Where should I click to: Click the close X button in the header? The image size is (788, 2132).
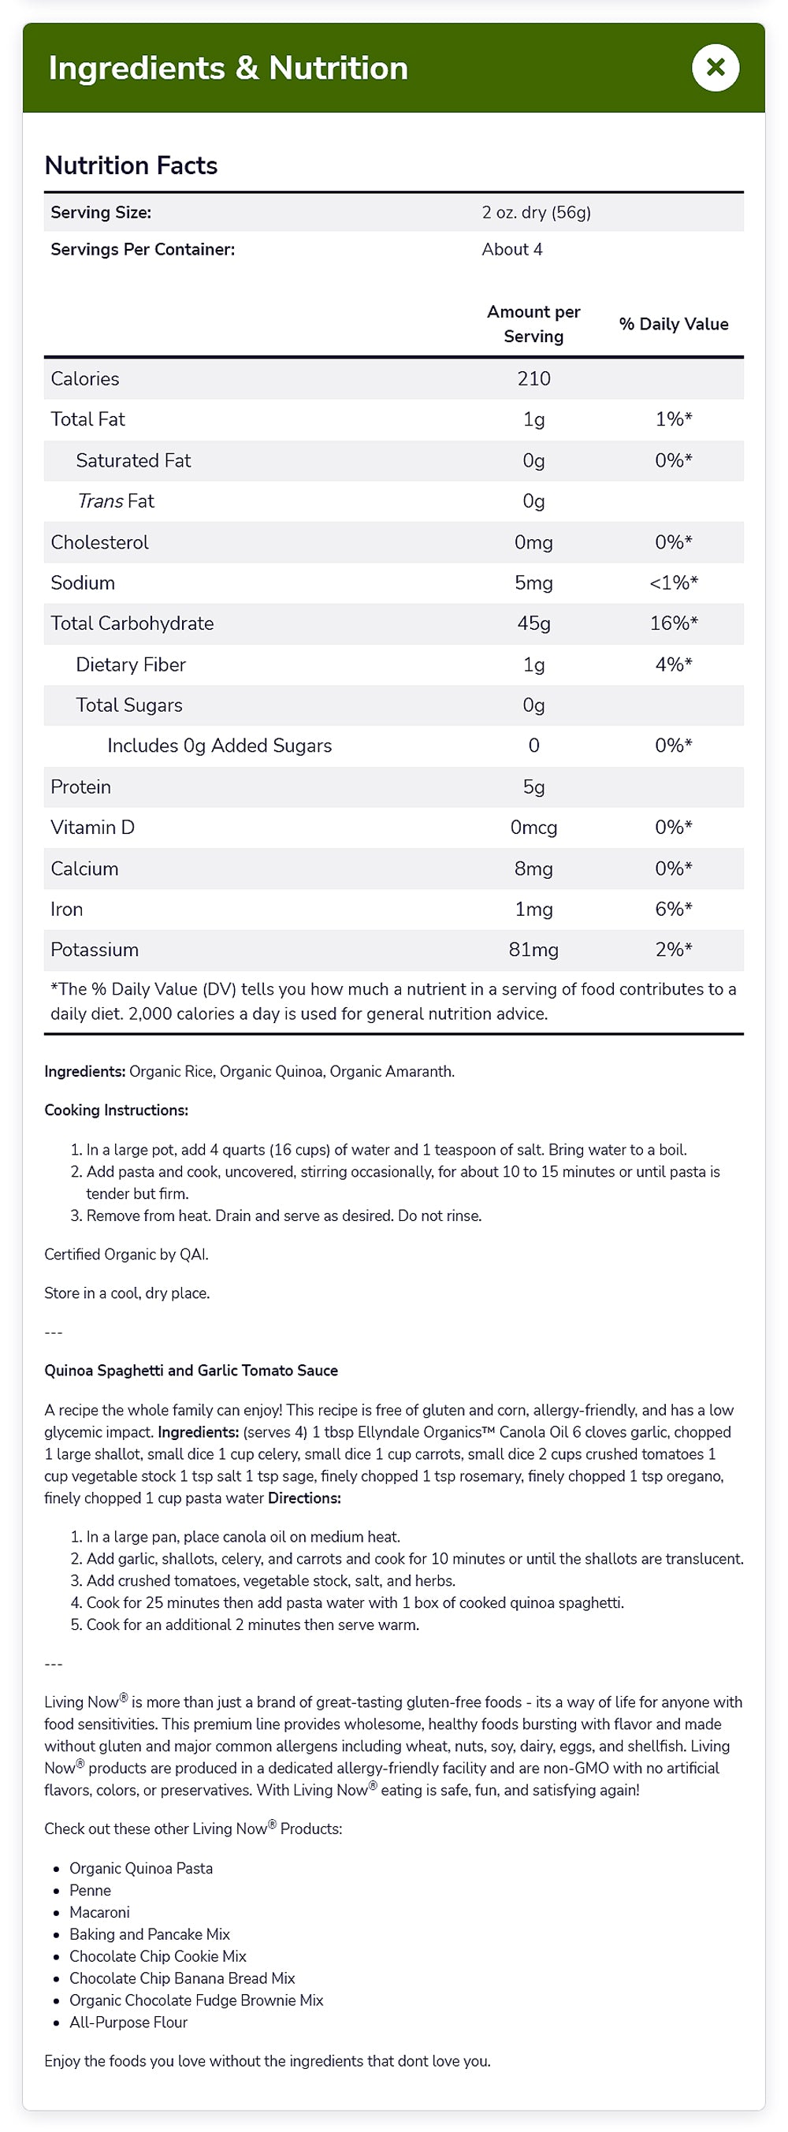716,68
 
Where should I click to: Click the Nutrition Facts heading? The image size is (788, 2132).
131,166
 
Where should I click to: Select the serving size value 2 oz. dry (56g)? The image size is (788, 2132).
537,213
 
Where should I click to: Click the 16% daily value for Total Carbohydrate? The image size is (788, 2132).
673,623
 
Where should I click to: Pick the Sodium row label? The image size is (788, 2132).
83,582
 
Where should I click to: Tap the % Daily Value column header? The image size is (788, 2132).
673,324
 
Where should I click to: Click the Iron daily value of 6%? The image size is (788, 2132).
673,909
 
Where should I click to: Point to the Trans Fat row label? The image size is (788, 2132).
115,500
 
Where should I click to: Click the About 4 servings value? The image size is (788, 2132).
511,249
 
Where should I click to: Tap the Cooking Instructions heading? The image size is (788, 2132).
116,1110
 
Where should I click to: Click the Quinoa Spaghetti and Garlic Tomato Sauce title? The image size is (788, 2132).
191,1370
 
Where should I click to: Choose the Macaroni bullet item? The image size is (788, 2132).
99,1912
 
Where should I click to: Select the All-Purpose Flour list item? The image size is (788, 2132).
128,2022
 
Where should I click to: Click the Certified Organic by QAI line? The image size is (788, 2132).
126,1254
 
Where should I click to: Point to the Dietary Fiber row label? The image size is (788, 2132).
131,664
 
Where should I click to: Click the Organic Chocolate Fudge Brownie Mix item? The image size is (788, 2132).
196,2000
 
